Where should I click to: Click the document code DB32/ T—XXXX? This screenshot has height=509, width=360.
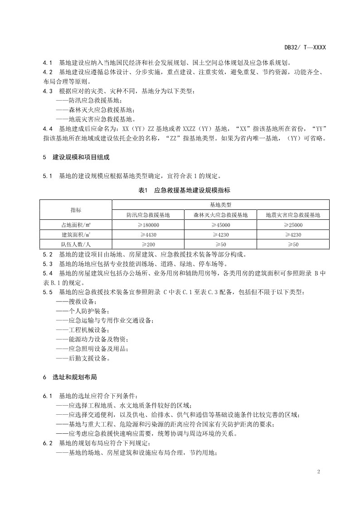click(305, 47)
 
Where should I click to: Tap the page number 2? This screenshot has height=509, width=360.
click(319, 472)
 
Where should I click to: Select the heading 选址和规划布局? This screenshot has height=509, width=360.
click(74, 377)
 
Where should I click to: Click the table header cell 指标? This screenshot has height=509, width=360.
click(76, 210)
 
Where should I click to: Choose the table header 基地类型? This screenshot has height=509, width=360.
click(220, 205)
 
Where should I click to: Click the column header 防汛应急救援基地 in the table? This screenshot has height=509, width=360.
click(148, 215)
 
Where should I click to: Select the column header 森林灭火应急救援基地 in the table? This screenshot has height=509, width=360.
click(220, 215)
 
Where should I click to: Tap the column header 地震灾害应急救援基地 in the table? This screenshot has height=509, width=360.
click(293, 215)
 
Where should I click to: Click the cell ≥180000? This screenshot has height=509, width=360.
click(148, 225)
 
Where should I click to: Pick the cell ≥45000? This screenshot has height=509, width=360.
click(220, 225)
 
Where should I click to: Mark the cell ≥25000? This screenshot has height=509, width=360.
click(293, 225)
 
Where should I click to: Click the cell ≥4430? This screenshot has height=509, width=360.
click(148, 235)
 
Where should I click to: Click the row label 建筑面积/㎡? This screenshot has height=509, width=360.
click(76, 235)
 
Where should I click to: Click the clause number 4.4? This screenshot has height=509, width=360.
click(48, 128)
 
